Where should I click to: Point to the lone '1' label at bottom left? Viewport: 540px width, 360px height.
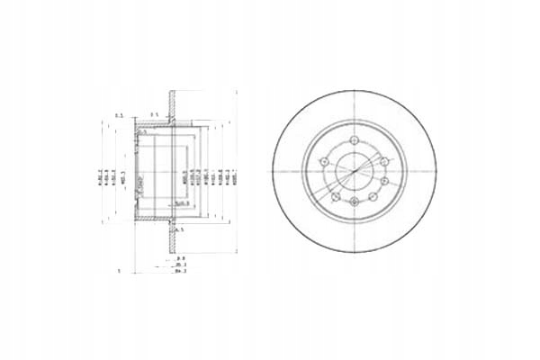(x=119, y=270)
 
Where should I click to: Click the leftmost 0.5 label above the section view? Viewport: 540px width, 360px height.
(x=120, y=115)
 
